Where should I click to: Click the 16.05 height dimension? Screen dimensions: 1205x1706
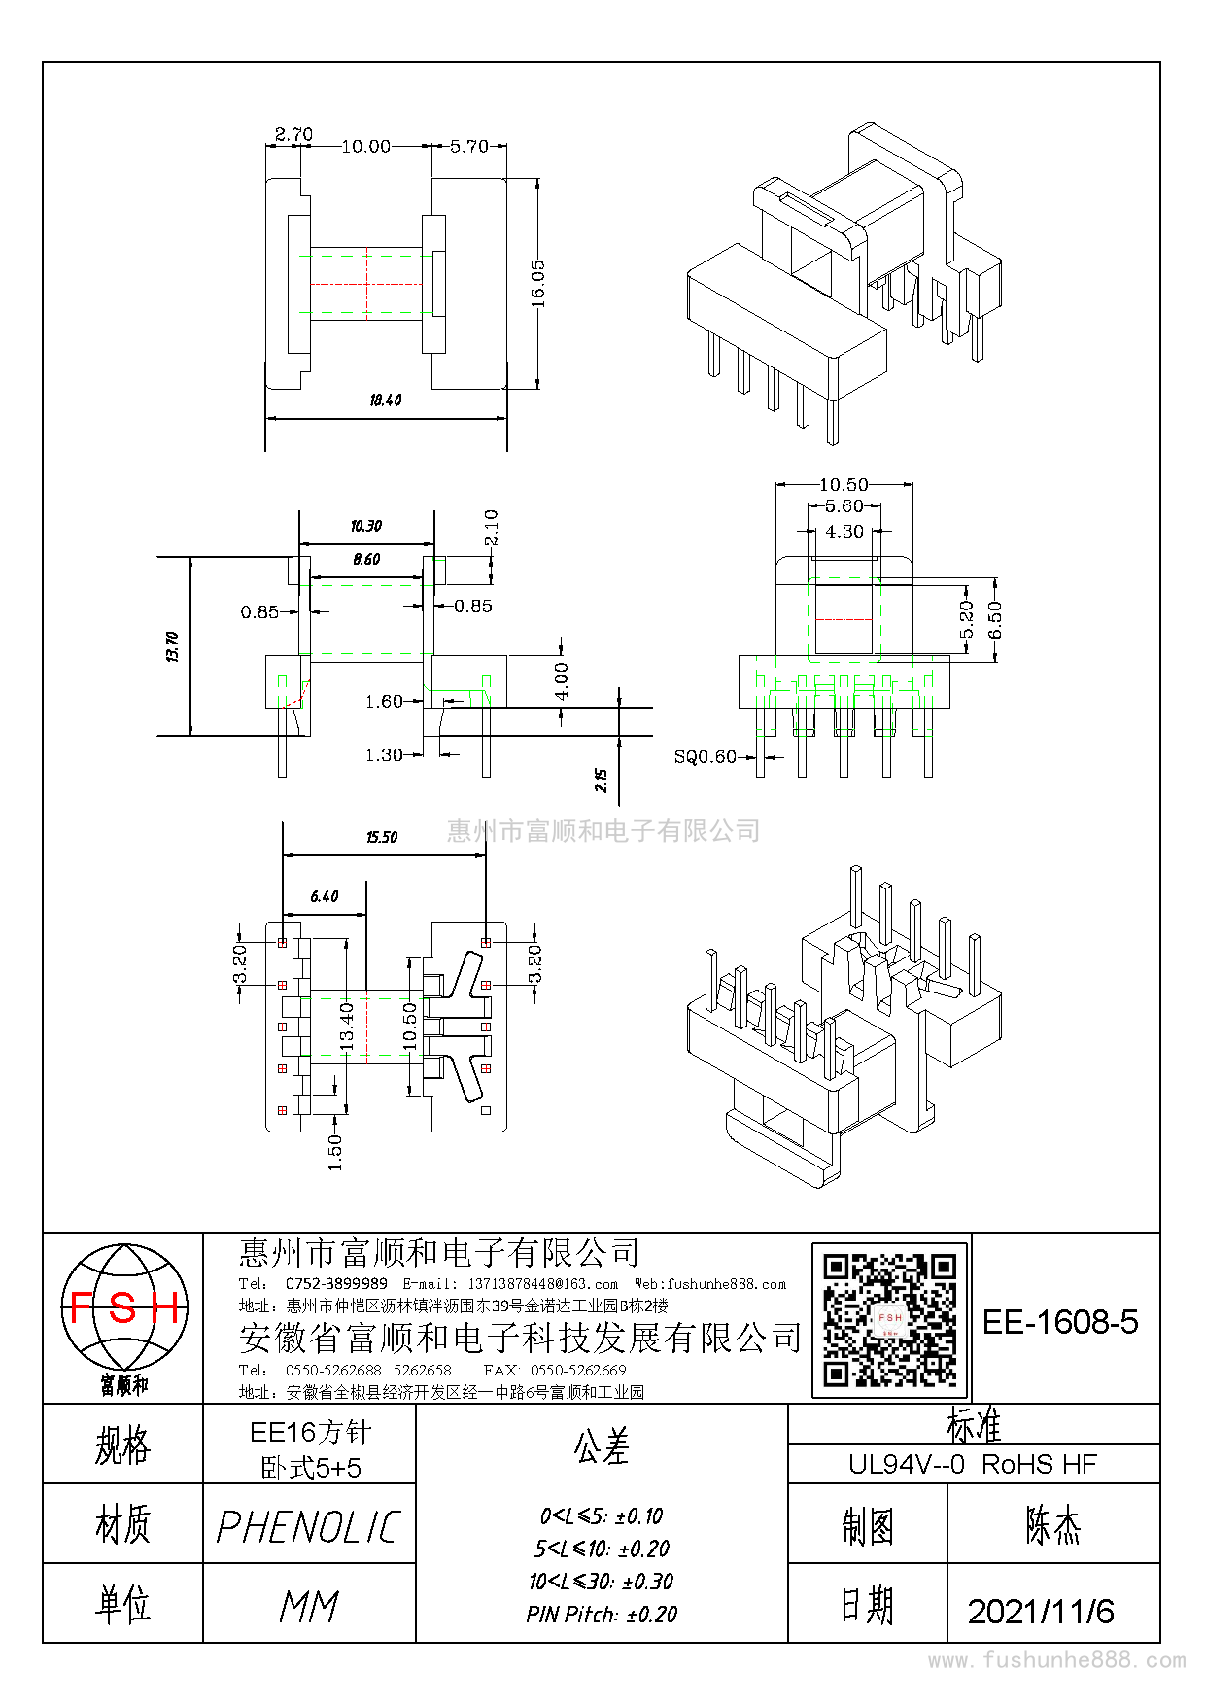tap(538, 283)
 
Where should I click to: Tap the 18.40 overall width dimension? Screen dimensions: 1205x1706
tap(386, 400)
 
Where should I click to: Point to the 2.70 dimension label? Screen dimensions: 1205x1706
tap(293, 134)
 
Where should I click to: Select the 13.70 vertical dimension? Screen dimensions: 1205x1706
tap(172, 646)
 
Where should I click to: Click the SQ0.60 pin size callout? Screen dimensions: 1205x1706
tap(705, 757)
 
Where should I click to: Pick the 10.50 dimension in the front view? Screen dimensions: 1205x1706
tap(843, 484)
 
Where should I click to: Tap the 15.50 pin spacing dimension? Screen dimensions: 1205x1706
tap(382, 837)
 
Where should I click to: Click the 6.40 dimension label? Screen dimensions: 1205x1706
tap(325, 896)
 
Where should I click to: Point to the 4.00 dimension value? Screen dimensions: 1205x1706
tap(562, 681)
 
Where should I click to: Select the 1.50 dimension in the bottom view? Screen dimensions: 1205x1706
tap(335, 1152)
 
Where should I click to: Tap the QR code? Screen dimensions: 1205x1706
tap(890, 1320)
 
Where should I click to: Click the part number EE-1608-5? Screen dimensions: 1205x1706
tap(1060, 1322)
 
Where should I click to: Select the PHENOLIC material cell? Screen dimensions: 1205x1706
tap(309, 1527)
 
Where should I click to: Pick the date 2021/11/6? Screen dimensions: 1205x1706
tap(1041, 1612)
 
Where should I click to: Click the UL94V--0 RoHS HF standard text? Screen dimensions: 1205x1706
tap(973, 1464)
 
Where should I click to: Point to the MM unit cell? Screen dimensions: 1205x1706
tap(309, 1607)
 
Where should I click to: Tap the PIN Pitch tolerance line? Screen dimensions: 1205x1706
tap(602, 1615)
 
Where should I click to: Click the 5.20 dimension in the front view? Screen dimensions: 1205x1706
tap(966, 619)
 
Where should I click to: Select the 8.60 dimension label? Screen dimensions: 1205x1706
tap(366, 560)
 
